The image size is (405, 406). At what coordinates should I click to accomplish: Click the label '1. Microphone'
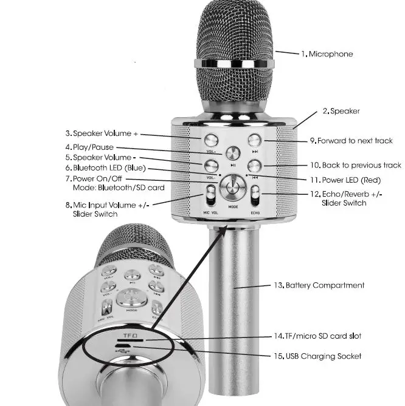coord(327,54)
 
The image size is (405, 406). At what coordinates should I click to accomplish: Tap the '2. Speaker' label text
coord(341,111)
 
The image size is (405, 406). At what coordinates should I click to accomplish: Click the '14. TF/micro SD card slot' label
coord(321,336)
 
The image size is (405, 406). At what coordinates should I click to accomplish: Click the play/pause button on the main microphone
coord(233,153)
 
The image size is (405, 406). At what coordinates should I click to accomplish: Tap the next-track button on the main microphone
coord(255,140)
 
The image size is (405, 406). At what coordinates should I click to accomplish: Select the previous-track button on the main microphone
coord(255,165)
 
